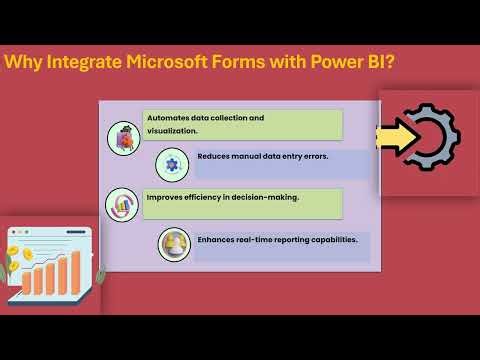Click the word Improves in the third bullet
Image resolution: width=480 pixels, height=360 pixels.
[166, 197]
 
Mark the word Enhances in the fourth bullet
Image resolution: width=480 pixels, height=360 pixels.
[217, 240]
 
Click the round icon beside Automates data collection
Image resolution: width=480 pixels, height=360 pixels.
[123, 136]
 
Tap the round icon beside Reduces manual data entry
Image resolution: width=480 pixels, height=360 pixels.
[173, 163]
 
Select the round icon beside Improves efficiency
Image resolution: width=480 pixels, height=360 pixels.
[122, 204]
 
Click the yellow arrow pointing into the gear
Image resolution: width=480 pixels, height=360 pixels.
[396, 139]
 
